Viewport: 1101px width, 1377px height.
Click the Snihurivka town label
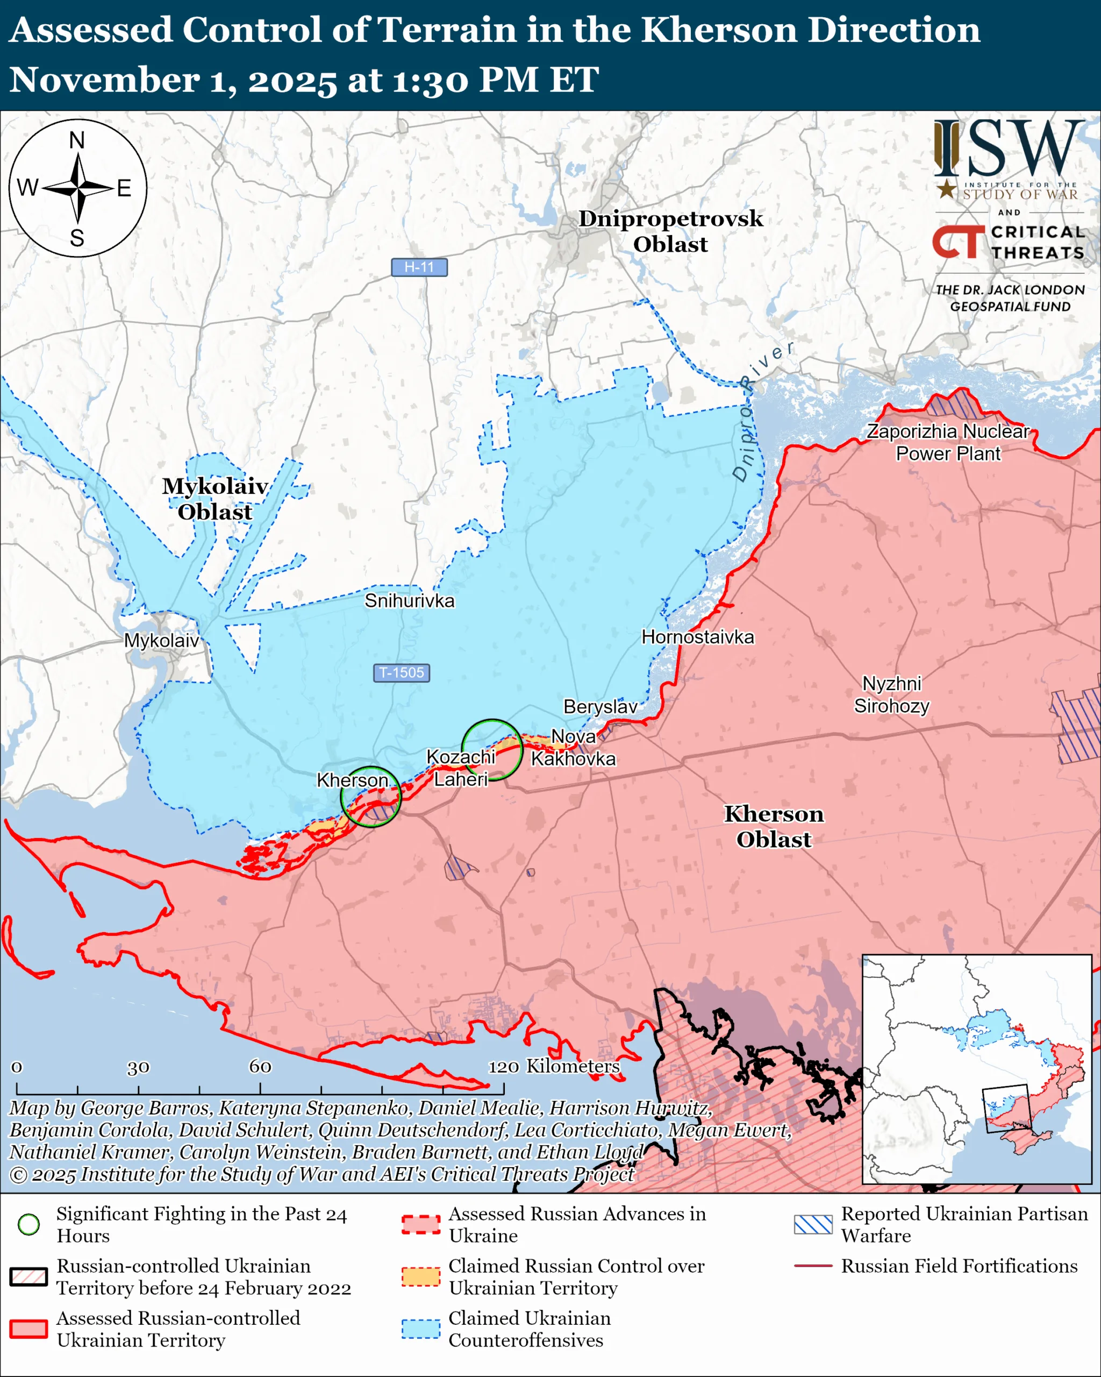point(409,600)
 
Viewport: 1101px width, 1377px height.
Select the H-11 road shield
point(419,267)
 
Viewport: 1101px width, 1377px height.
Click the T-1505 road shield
point(401,672)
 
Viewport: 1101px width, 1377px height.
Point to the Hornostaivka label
point(698,637)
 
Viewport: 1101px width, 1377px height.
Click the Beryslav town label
point(600,706)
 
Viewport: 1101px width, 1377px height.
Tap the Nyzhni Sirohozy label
point(892,694)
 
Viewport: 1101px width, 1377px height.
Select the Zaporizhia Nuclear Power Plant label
point(948,442)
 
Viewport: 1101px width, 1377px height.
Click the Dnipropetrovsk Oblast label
point(670,231)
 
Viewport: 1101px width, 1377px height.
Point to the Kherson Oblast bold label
point(774,826)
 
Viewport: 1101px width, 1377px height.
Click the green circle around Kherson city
point(370,797)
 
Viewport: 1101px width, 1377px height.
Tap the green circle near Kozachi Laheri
point(491,750)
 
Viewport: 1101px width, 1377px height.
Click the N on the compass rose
point(77,140)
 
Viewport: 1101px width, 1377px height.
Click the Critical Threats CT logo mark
point(958,242)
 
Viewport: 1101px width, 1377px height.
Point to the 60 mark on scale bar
point(260,1066)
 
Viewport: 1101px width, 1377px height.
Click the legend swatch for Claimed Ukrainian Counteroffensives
point(420,1329)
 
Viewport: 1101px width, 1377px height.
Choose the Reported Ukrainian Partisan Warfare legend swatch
point(813,1224)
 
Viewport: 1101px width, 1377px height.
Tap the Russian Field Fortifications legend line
point(813,1265)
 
